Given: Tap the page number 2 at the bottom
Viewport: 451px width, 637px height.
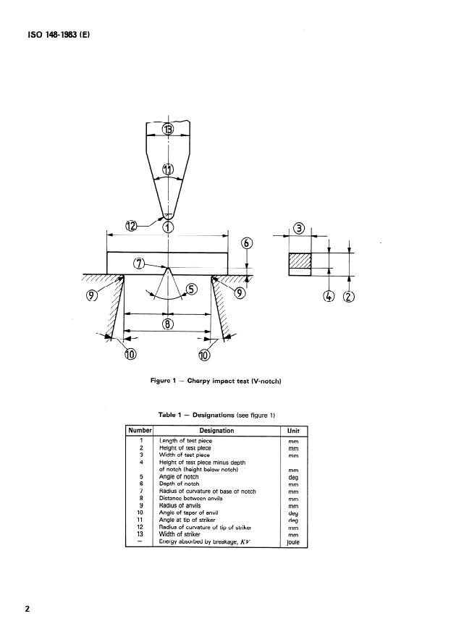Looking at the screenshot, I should click(28, 608).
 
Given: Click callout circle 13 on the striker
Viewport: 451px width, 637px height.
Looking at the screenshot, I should click(168, 130).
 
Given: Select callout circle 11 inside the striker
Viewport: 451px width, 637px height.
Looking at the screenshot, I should click(168, 169).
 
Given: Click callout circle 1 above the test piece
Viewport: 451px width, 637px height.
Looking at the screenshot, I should click(168, 227).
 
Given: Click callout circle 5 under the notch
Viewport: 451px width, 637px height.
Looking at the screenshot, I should click(191, 290).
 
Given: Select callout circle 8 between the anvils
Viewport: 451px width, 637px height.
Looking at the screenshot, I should click(168, 325).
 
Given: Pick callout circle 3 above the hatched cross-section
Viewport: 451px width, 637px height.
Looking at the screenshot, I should click(299, 229).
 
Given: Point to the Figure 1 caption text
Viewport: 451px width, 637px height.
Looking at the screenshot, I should click(215, 381).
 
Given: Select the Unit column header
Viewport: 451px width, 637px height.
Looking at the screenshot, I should click(293, 431).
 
